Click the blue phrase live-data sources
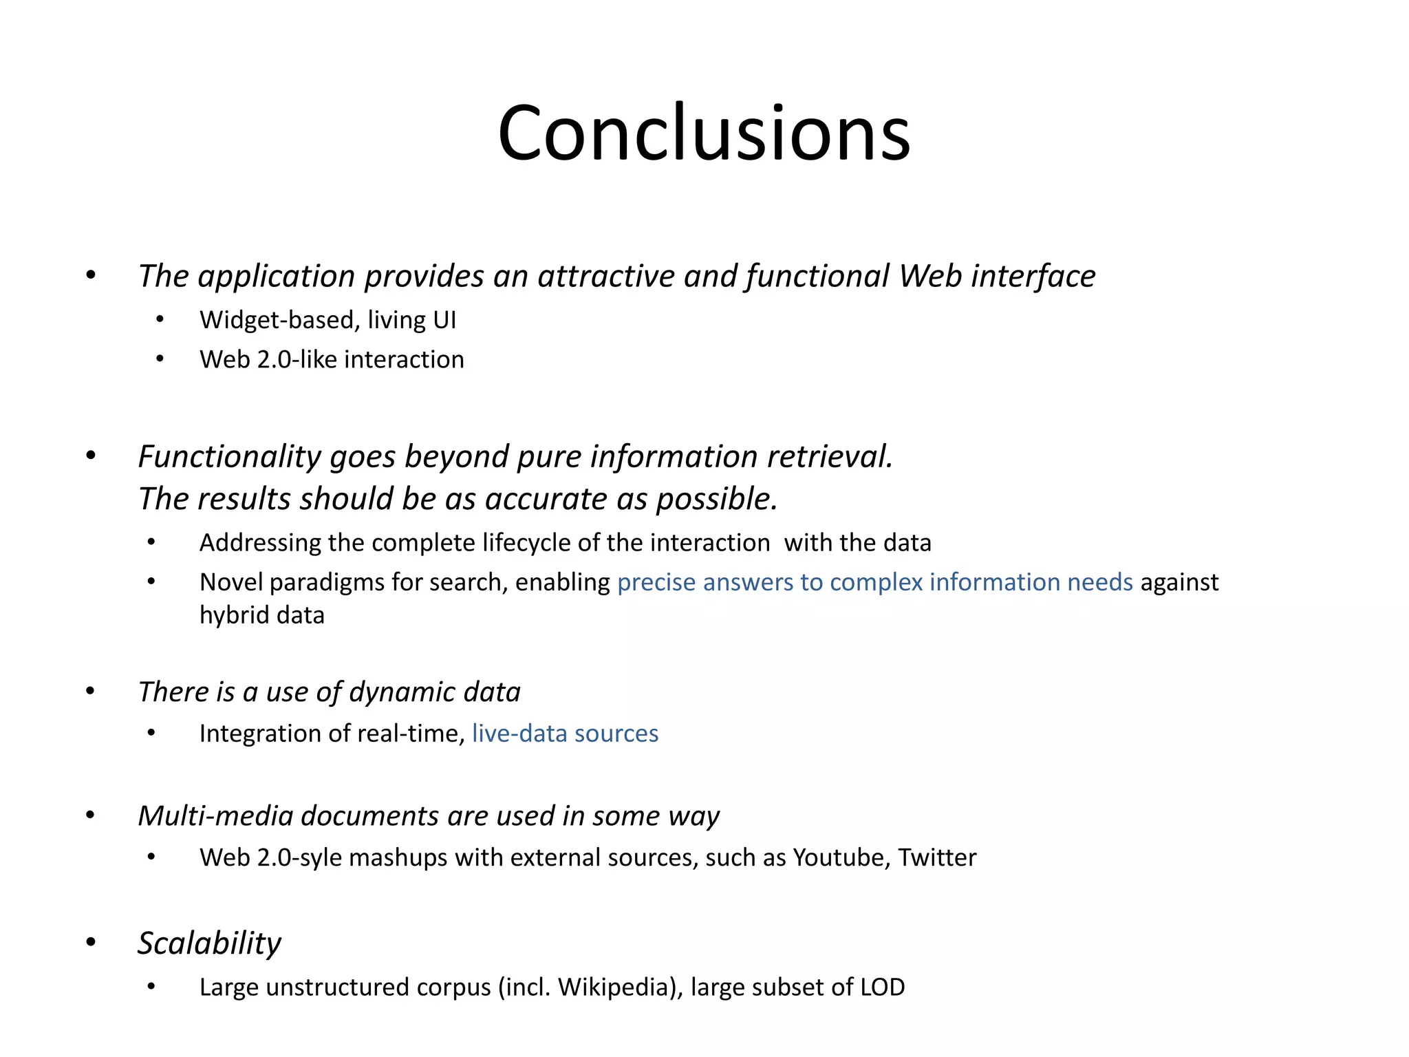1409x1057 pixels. coord(565,734)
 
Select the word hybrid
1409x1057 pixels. coord(229,615)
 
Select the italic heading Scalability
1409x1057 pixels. coord(209,943)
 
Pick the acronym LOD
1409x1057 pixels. coord(882,987)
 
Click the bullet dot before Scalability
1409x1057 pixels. coord(90,942)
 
